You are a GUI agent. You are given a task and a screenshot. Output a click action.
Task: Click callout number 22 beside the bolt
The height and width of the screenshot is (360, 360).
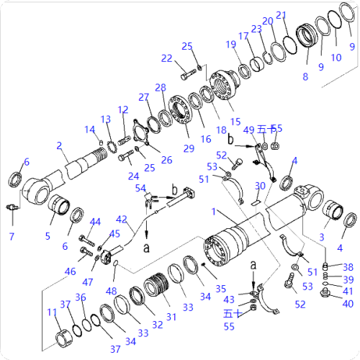pyautogui.click(x=167, y=58)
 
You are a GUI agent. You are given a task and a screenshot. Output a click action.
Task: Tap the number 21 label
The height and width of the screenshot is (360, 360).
pyautogui.click(x=282, y=16)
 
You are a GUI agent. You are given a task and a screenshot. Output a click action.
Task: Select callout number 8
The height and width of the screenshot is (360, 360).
pyautogui.click(x=305, y=76)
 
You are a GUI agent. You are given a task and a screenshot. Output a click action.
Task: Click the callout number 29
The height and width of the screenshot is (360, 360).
pyautogui.click(x=189, y=148)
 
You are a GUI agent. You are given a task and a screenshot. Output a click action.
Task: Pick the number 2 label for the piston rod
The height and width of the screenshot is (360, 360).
pyautogui.click(x=59, y=145)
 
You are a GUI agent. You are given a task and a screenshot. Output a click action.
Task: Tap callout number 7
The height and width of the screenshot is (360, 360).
pyautogui.click(x=12, y=236)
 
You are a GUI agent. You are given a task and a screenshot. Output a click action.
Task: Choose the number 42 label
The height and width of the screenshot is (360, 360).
pyautogui.click(x=122, y=219)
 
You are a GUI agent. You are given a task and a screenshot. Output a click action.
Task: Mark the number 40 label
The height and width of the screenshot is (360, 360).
pyautogui.click(x=348, y=304)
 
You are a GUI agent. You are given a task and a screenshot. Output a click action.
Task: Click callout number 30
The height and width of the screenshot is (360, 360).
pyautogui.click(x=260, y=186)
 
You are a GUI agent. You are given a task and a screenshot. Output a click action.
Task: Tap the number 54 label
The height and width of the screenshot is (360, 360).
pyautogui.click(x=141, y=187)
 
